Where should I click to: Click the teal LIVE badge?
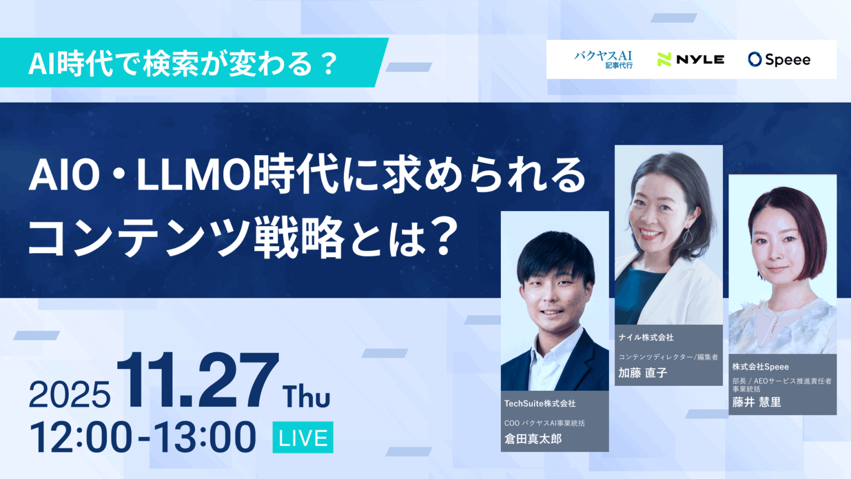click(x=303, y=437)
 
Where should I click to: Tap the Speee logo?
click(x=779, y=59)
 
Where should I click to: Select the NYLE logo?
click(x=691, y=59)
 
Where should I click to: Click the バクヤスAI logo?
click(x=603, y=59)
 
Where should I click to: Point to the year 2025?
click(x=69, y=395)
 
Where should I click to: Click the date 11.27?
click(x=197, y=381)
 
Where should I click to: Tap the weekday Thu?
click(x=306, y=396)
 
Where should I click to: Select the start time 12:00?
click(x=81, y=438)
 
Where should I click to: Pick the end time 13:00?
click(x=205, y=438)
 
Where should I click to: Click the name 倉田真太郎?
click(x=533, y=439)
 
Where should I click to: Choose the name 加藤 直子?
click(x=643, y=373)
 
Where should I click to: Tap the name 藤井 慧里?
click(x=756, y=402)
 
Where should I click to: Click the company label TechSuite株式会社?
click(x=540, y=404)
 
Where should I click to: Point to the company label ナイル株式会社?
click(x=646, y=337)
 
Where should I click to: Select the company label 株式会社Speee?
click(x=760, y=366)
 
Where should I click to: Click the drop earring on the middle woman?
click(x=687, y=236)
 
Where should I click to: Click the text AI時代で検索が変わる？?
click(x=183, y=63)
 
